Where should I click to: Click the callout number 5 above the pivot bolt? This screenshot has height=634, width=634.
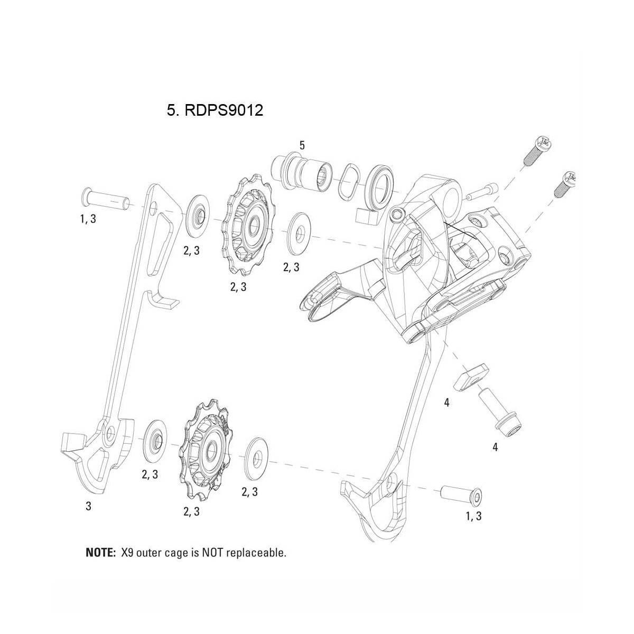(302, 145)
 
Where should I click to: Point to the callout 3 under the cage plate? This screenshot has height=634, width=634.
(88, 506)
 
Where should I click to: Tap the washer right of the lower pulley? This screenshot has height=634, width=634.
(257, 452)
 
